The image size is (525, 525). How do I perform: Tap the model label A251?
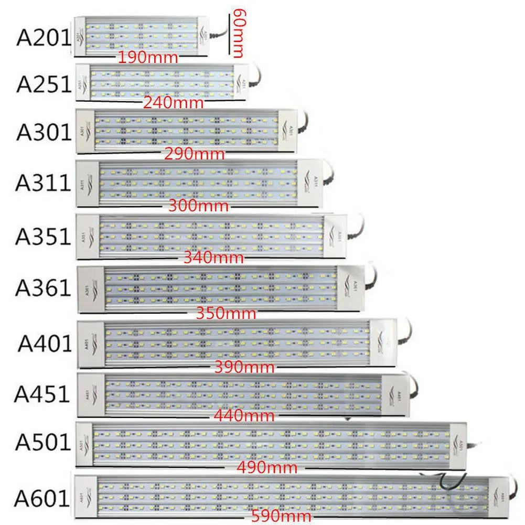point(43,84)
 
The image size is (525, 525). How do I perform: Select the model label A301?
point(43,132)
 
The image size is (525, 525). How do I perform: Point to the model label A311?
point(43,183)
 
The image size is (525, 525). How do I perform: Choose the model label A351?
point(43,237)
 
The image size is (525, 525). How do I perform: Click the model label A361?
point(43,287)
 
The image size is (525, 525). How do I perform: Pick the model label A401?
point(45,343)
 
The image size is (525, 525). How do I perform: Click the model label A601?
point(42,498)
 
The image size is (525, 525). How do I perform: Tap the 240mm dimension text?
point(173,103)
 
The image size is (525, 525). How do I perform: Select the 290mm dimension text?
point(195,154)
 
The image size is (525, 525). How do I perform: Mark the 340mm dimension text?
point(214,258)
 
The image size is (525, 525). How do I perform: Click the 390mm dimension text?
point(244,367)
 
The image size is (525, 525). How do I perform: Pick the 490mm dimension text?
point(267,467)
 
